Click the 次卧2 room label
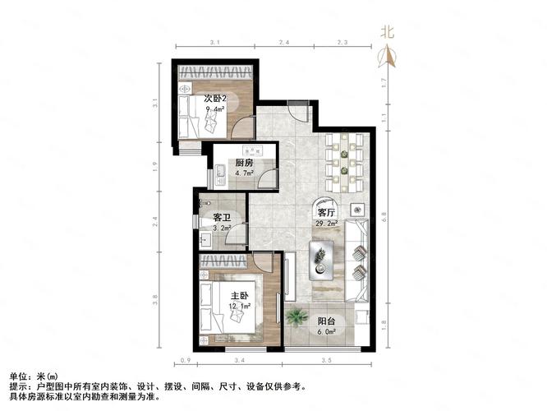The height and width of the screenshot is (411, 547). [215, 99]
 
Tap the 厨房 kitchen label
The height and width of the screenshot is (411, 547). [244, 163]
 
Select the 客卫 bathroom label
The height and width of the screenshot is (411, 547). [223, 218]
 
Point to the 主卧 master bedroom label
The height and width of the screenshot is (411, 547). [240, 296]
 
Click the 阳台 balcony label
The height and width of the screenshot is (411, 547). [326, 321]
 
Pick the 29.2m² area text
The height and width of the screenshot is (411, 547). [327, 223]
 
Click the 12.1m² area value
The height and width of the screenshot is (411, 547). [240, 307]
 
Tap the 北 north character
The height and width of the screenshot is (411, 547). [387, 33]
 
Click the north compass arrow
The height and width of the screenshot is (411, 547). [387, 56]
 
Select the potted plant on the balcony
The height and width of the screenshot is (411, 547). [296, 317]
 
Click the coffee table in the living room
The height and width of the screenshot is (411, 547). [321, 261]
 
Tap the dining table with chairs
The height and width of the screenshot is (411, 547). [344, 163]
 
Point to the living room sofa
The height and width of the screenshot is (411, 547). [356, 261]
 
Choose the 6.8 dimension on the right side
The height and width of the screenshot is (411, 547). [384, 216]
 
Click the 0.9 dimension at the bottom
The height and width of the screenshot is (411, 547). [186, 360]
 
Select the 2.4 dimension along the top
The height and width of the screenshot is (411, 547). [284, 42]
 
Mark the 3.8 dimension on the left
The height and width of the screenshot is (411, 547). [155, 299]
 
